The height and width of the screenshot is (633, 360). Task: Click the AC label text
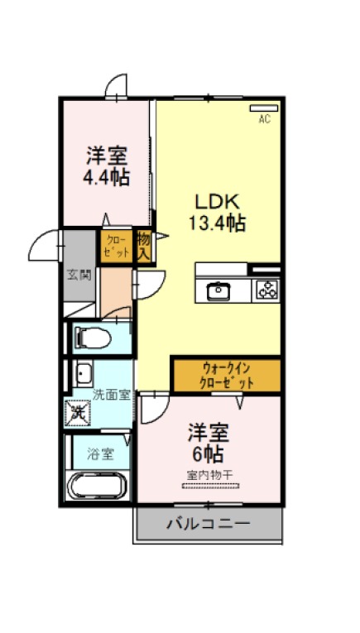point(265,118)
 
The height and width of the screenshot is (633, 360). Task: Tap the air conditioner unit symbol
point(264,108)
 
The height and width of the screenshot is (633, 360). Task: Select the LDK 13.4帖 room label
point(218,212)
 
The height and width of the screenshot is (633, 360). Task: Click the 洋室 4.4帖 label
point(107,166)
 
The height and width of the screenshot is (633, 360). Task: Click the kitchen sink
point(218,291)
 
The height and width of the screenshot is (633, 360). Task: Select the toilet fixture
point(93,338)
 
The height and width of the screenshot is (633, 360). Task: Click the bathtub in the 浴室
point(98,486)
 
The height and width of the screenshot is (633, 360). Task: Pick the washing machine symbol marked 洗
point(77,412)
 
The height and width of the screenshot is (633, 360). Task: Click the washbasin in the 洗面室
point(84,374)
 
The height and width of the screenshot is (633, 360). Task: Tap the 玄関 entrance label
point(79,276)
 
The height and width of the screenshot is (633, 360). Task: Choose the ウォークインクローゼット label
point(228,376)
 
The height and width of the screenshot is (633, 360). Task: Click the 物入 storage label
point(144,247)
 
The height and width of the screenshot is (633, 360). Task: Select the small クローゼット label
point(117,247)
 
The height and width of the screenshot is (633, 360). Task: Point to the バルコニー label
point(209,524)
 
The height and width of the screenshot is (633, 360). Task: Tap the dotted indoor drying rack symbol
point(210,486)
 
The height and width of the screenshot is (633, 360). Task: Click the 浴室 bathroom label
point(100,455)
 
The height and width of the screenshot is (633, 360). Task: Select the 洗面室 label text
point(112,395)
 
